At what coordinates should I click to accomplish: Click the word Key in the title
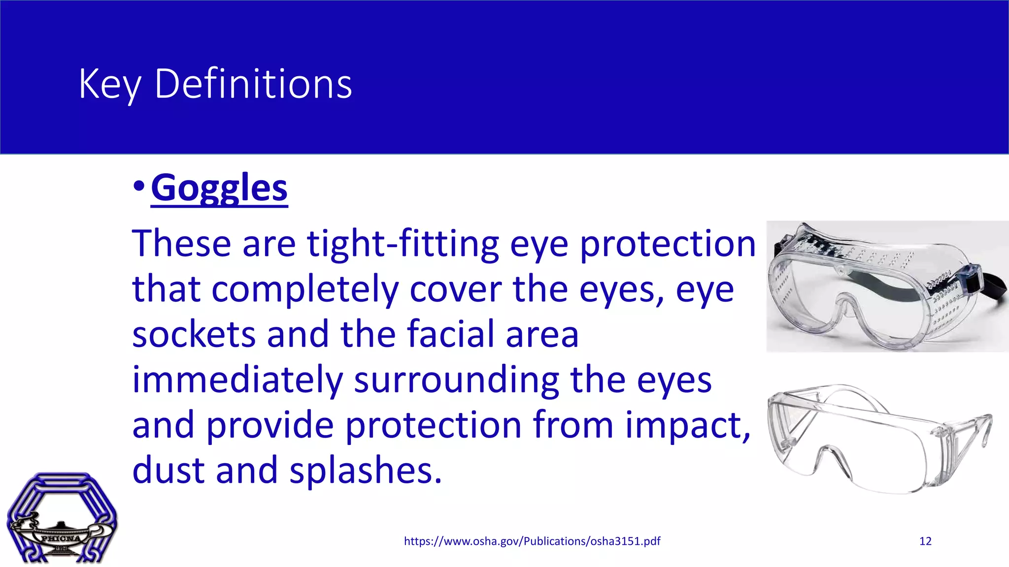(110, 85)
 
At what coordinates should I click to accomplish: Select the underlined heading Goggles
(219, 188)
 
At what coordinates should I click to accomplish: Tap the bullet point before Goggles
(139, 187)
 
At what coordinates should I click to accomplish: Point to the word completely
(305, 289)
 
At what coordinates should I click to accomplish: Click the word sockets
(194, 334)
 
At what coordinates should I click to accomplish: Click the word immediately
(237, 380)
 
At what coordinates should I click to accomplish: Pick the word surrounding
(456, 380)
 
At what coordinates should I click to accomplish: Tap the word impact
(687, 425)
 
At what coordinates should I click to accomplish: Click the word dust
(168, 471)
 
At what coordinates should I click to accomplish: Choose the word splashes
(365, 471)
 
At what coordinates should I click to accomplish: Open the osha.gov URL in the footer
(532, 541)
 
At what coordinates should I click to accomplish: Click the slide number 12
(925, 541)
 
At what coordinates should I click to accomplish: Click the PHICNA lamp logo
(62, 519)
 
